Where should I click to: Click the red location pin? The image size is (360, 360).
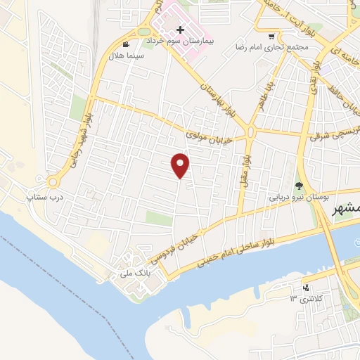point(181,165)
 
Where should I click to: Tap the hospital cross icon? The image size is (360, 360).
point(181,30)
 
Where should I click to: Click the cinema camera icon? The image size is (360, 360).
point(126,44)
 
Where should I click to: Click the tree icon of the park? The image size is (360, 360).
point(300,186)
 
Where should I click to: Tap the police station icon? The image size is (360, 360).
point(305,288)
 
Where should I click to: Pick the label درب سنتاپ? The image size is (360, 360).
point(45,198)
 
